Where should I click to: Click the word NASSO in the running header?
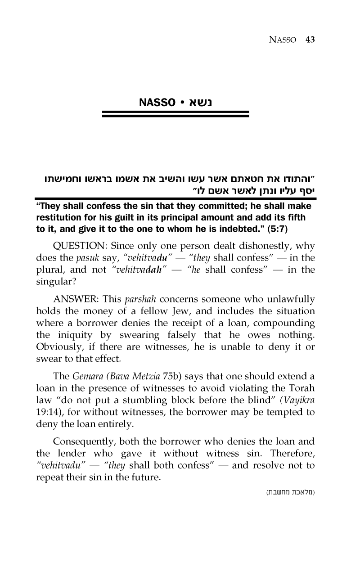point(284,40)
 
